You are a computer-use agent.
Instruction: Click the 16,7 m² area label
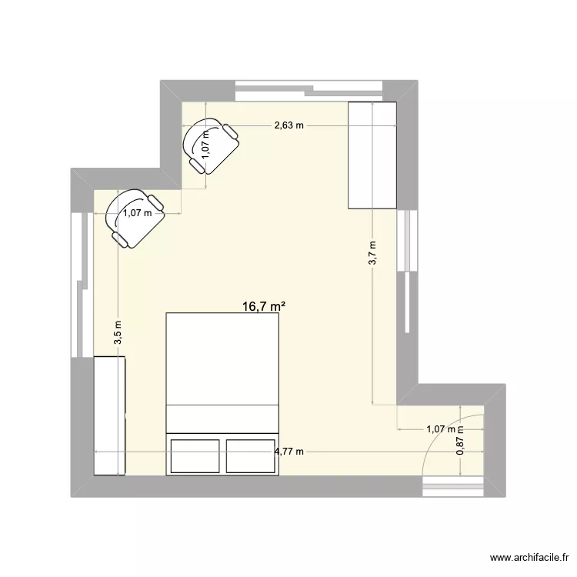[264, 306]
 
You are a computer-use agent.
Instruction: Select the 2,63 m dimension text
[289, 125]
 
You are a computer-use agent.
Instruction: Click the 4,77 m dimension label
[289, 452]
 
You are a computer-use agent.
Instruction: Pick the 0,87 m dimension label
[460, 442]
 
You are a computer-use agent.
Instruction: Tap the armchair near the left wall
[135, 218]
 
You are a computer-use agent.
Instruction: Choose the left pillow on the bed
[195, 455]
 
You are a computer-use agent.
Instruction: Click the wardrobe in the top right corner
[372, 155]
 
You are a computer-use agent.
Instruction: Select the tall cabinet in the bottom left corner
[109, 415]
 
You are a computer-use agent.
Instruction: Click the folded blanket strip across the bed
[222, 418]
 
